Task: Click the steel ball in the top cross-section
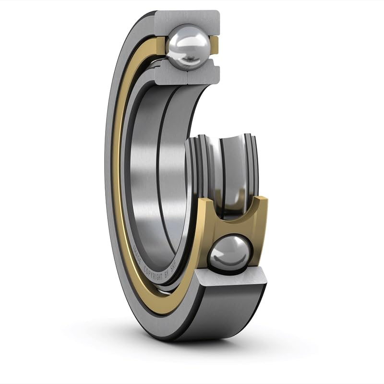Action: click(x=188, y=47)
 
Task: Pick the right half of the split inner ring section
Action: click(x=204, y=75)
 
